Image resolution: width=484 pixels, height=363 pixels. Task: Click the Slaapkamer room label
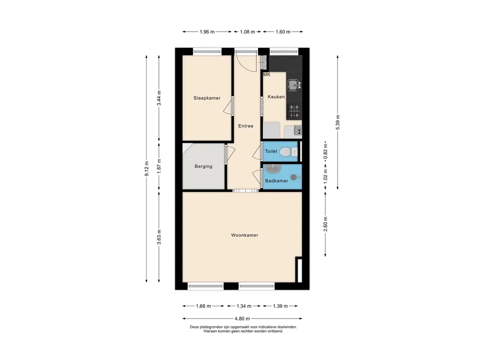(x=207, y=98)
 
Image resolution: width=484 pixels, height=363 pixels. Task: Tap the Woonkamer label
(x=244, y=235)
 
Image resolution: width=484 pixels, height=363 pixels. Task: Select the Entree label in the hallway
(x=246, y=126)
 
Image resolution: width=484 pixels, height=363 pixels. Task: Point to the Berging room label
(x=203, y=166)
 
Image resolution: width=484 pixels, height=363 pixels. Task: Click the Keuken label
(x=276, y=97)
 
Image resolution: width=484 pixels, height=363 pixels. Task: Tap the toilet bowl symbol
(x=286, y=151)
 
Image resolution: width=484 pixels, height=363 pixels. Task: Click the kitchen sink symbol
(x=294, y=85)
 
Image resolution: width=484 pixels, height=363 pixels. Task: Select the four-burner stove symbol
(x=294, y=112)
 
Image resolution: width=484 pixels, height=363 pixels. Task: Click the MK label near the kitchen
(x=267, y=75)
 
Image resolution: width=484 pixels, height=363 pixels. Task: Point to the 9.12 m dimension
(x=147, y=169)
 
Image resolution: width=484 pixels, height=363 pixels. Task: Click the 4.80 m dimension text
(x=242, y=319)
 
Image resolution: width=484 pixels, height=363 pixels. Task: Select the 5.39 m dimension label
(x=337, y=122)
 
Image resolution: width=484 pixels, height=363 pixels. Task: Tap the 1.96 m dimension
(x=207, y=32)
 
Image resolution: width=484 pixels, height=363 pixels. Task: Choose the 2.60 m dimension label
(x=326, y=224)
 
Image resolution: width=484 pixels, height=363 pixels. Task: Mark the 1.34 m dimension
(x=244, y=306)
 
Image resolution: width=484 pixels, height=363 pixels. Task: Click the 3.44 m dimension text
(x=159, y=98)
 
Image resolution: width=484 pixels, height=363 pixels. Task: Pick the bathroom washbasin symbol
(x=273, y=169)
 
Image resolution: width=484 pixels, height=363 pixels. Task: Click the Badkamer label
(x=277, y=181)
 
